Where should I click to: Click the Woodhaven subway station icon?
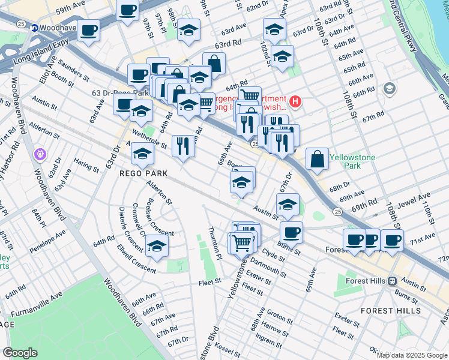tap(35, 28)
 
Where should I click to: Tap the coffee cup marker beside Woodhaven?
tap(89, 31)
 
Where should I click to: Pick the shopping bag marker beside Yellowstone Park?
tap(317, 159)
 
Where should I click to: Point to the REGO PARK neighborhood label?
tap(142, 173)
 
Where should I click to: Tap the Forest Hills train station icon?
tap(391, 280)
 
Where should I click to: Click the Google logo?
tap(20, 353)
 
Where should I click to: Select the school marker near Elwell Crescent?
tap(157, 246)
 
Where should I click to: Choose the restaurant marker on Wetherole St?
tap(183, 145)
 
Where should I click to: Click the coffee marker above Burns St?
tap(291, 232)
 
